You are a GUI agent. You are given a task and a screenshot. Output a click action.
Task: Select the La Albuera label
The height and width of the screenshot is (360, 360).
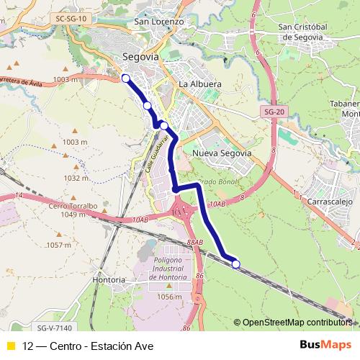(x=199, y=84)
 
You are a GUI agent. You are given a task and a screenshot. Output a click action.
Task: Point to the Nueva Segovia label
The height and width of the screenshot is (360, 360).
(x=222, y=153)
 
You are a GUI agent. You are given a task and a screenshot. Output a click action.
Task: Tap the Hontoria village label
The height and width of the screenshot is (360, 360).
(x=109, y=279)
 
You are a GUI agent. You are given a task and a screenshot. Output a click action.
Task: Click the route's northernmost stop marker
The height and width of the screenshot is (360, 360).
(x=125, y=78)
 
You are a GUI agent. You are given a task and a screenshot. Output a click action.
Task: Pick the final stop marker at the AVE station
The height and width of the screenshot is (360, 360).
(x=236, y=264)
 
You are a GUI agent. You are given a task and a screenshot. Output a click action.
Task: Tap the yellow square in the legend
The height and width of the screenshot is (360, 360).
(x=10, y=346)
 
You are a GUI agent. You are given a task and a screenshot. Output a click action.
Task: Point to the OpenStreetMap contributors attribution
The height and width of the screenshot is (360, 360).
(x=297, y=323)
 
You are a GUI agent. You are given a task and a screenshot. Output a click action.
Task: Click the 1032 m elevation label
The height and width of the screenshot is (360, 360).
(x=75, y=178)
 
